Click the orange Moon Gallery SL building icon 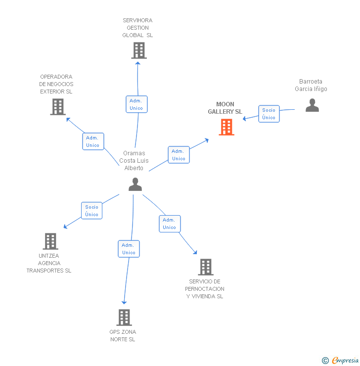[226, 127]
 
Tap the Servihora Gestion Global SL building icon [139, 50]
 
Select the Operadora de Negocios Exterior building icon [58, 107]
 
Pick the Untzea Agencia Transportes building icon [50, 241]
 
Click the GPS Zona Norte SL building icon [124, 318]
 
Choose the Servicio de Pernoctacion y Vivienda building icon [206, 267]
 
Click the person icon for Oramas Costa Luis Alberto [135, 184]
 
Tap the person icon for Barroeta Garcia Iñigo [312, 105]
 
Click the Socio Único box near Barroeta [269, 114]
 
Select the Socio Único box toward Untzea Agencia [92, 211]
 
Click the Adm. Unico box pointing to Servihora [136, 104]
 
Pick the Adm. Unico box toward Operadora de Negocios [93, 141]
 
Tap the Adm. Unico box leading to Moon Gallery [179, 155]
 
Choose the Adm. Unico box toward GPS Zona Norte [129, 249]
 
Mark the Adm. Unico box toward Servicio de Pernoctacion [170, 224]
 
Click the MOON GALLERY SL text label [225, 108]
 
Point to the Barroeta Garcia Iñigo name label [311, 85]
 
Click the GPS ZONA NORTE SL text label [123, 335]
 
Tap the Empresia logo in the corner [345, 360]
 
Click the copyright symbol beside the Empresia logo [325, 361]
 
